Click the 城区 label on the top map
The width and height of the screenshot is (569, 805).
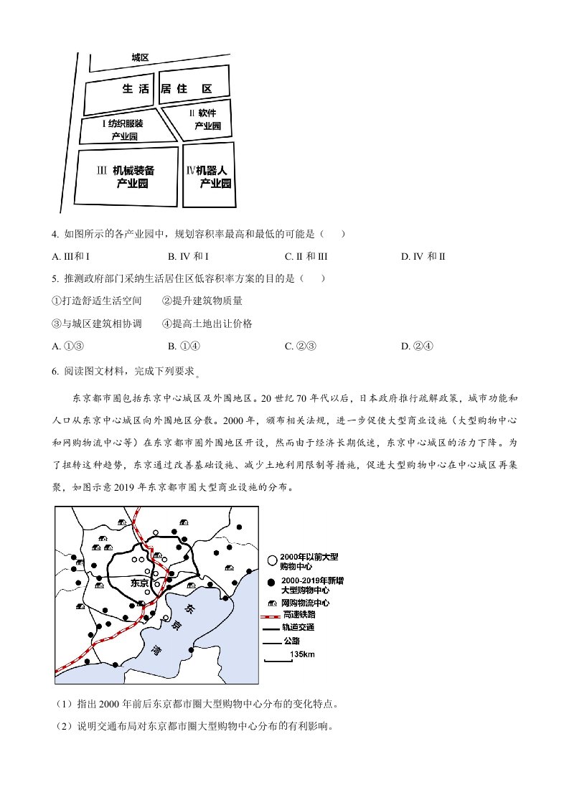click(140, 57)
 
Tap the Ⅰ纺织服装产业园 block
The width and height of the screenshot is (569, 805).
click(125, 129)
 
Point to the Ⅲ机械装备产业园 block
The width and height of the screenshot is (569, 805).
click(126, 176)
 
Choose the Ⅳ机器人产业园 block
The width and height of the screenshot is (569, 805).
click(209, 176)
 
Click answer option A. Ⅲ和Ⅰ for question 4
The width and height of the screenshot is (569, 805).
click(75, 256)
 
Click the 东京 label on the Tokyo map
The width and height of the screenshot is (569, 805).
click(140, 583)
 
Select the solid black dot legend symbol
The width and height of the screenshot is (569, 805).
click(272, 583)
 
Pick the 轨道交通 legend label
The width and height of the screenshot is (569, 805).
click(299, 628)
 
